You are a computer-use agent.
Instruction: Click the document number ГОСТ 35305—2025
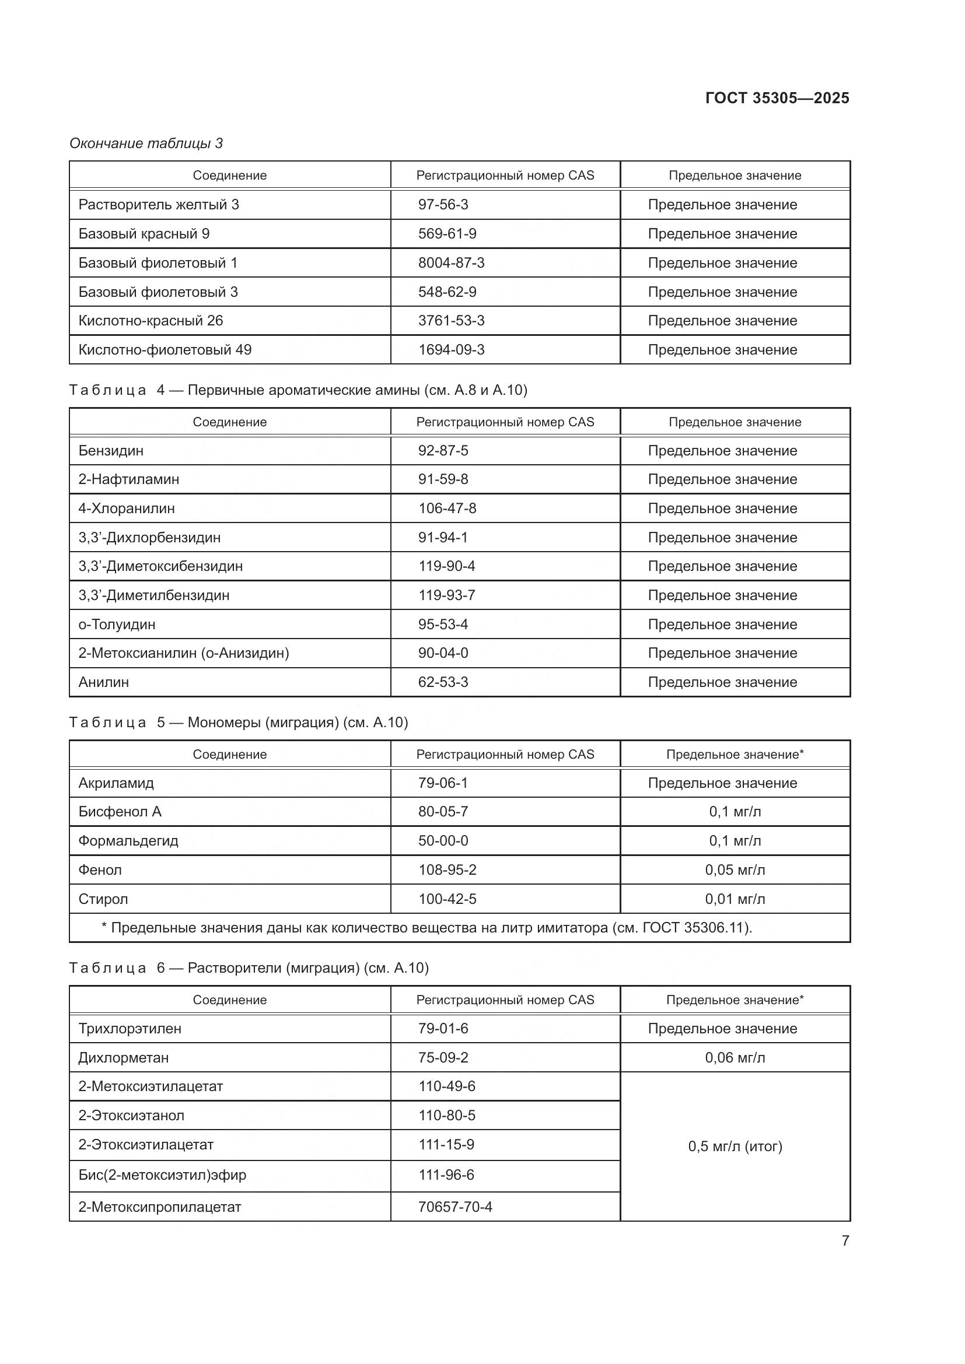(x=777, y=98)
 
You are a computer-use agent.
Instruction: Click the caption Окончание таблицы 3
(x=146, y=143)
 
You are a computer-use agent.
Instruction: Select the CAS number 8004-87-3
(x=451, y=262)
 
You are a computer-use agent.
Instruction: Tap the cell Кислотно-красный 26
(x=151, y=321)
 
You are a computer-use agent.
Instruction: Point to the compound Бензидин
(x=111, y=451)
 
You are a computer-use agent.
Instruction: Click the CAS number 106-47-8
(x=447, y=509)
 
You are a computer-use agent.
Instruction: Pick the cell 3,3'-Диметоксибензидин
(x=160, y=566)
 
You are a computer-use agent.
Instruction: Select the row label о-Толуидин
(x=117, y=625)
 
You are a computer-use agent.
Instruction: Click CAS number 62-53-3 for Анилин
(x=443, y=682)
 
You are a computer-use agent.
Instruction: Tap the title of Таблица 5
(x=238, y=723)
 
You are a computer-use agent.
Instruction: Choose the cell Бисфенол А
(x=120, y=812)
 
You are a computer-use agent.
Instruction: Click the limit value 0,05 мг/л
(x=735, y=869)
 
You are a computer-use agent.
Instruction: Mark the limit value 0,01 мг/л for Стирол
(x=735, y=899)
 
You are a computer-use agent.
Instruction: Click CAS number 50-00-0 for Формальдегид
(x=443, y=841)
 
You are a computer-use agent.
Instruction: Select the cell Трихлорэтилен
(x=130, y=1028)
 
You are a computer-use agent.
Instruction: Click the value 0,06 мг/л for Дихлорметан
(x=735, y=1057)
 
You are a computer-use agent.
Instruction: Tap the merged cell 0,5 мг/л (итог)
(x=735, y=1146)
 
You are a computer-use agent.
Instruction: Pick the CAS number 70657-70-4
(x=455, y=1207)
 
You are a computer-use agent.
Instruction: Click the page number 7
(x=845, y=1240)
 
